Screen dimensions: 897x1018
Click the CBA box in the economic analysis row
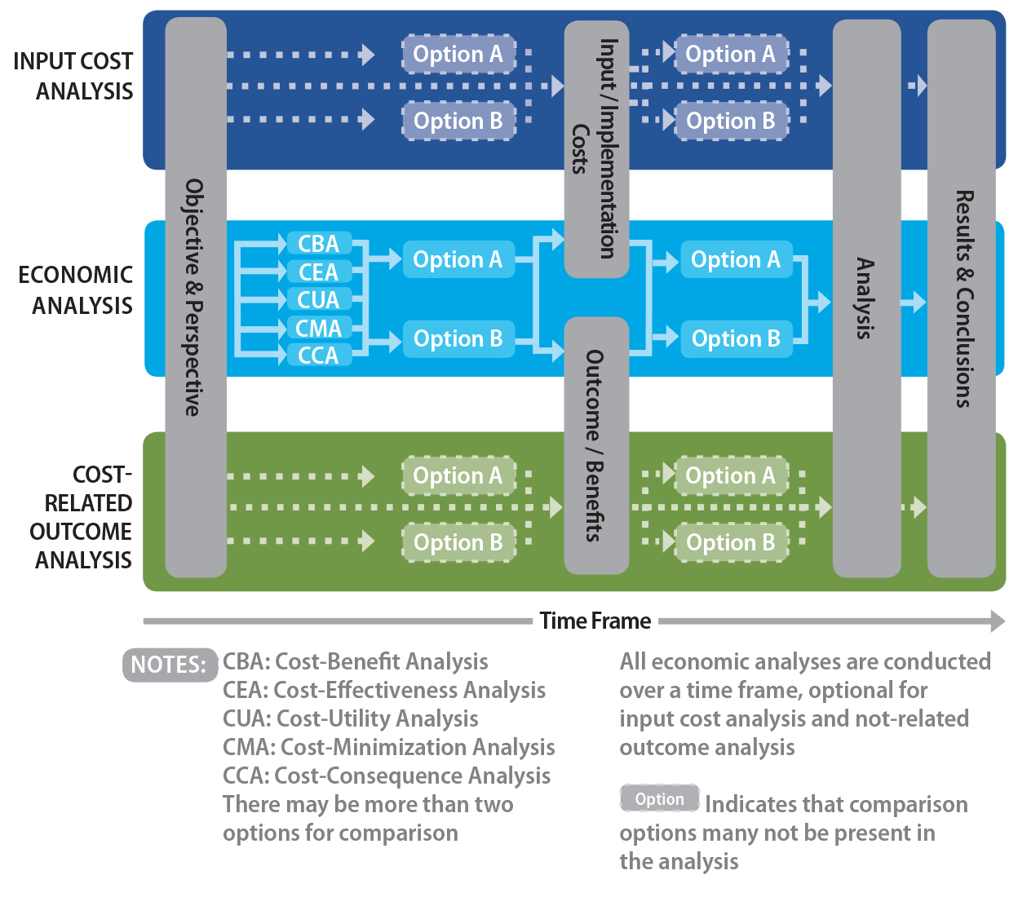[318, 244]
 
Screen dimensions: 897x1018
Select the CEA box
[318, 272]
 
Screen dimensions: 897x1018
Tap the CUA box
[318, 299]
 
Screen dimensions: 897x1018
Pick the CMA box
[318, 328]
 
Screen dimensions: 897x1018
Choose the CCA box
[318, 356]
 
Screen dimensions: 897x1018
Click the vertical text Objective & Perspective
[194, 298]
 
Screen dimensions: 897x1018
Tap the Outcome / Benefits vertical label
[595, 445]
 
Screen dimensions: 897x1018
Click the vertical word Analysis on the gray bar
[865, 298]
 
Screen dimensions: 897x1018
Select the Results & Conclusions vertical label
[963, 298]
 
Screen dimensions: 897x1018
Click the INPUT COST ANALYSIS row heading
[74, 76]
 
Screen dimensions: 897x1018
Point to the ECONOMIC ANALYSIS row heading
[76, 290]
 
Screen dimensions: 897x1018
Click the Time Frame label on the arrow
[595, 621]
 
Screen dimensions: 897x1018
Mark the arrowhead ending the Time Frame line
[998, 621]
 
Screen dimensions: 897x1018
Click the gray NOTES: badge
[169, 665]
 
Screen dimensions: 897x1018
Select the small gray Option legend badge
[660, 799]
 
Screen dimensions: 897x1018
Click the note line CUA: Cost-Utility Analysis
[351, 718]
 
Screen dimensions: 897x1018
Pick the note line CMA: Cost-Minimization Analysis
[388, 747]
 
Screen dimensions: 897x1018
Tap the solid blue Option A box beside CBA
[458, 259]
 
